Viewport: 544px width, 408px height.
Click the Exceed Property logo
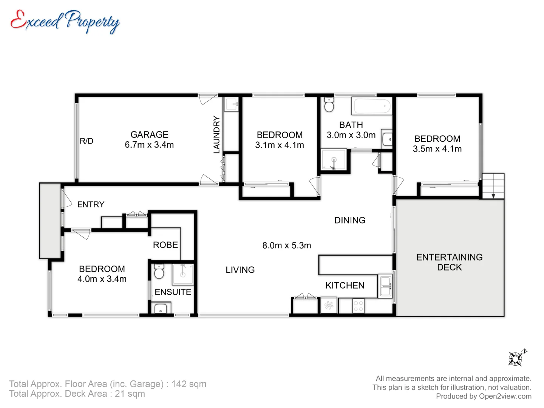click(x=65, y=22)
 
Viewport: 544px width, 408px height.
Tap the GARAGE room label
click(x=150, y=134)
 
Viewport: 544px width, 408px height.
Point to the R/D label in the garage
click(x=87, y=141)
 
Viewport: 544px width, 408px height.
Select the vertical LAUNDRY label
click(x=216, y=134)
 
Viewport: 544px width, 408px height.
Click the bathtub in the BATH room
click(x=372, y=106)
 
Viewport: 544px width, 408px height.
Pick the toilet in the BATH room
click(x=329, y=105)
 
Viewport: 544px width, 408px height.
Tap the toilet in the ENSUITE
click(x=159, y=271)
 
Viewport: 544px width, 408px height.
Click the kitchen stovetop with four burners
click(x=359, y=306)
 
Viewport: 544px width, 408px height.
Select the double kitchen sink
click(x=385, y=286)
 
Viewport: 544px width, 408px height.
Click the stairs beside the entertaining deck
click(x=493, y=186)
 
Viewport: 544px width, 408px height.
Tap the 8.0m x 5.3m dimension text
click(x=287, y=246)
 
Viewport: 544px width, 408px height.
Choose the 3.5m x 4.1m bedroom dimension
click(x=437, y=149)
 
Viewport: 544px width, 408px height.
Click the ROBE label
click(x=165, y=245)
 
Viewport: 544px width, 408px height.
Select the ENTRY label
click(x=91, y=204)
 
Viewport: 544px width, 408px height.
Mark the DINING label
click(x=350, y=220)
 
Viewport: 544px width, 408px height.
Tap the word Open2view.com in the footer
click(x=505, y=396)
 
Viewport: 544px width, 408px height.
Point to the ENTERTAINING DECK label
click(x=449, y=262)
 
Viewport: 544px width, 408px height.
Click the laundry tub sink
click(x=231, y=104)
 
